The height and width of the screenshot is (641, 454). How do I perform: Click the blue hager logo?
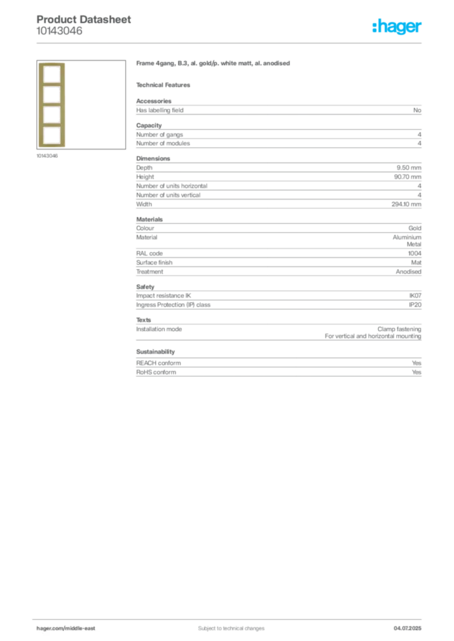(398, 28)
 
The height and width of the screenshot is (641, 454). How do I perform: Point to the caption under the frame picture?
(48, 155)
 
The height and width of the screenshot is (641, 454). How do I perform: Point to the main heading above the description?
(213, 64)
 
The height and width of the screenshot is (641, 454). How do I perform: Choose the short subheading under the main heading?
(166, 85)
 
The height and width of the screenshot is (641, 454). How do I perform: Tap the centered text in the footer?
(226, 624)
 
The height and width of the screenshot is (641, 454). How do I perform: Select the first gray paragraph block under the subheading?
(278, 110)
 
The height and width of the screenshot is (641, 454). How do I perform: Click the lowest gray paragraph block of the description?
(278, 367)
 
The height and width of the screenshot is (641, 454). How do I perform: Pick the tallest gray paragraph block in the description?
(278, 185)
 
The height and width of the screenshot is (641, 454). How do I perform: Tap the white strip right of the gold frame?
(68, 103)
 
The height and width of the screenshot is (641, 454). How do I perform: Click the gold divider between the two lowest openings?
(53, 124)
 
